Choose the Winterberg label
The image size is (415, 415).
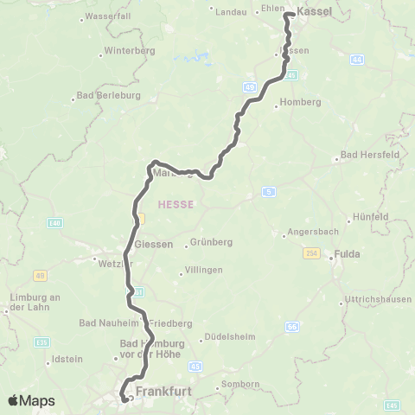click(128, 51)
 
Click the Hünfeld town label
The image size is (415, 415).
click(372, 216)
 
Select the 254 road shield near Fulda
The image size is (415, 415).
click(312, 252)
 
